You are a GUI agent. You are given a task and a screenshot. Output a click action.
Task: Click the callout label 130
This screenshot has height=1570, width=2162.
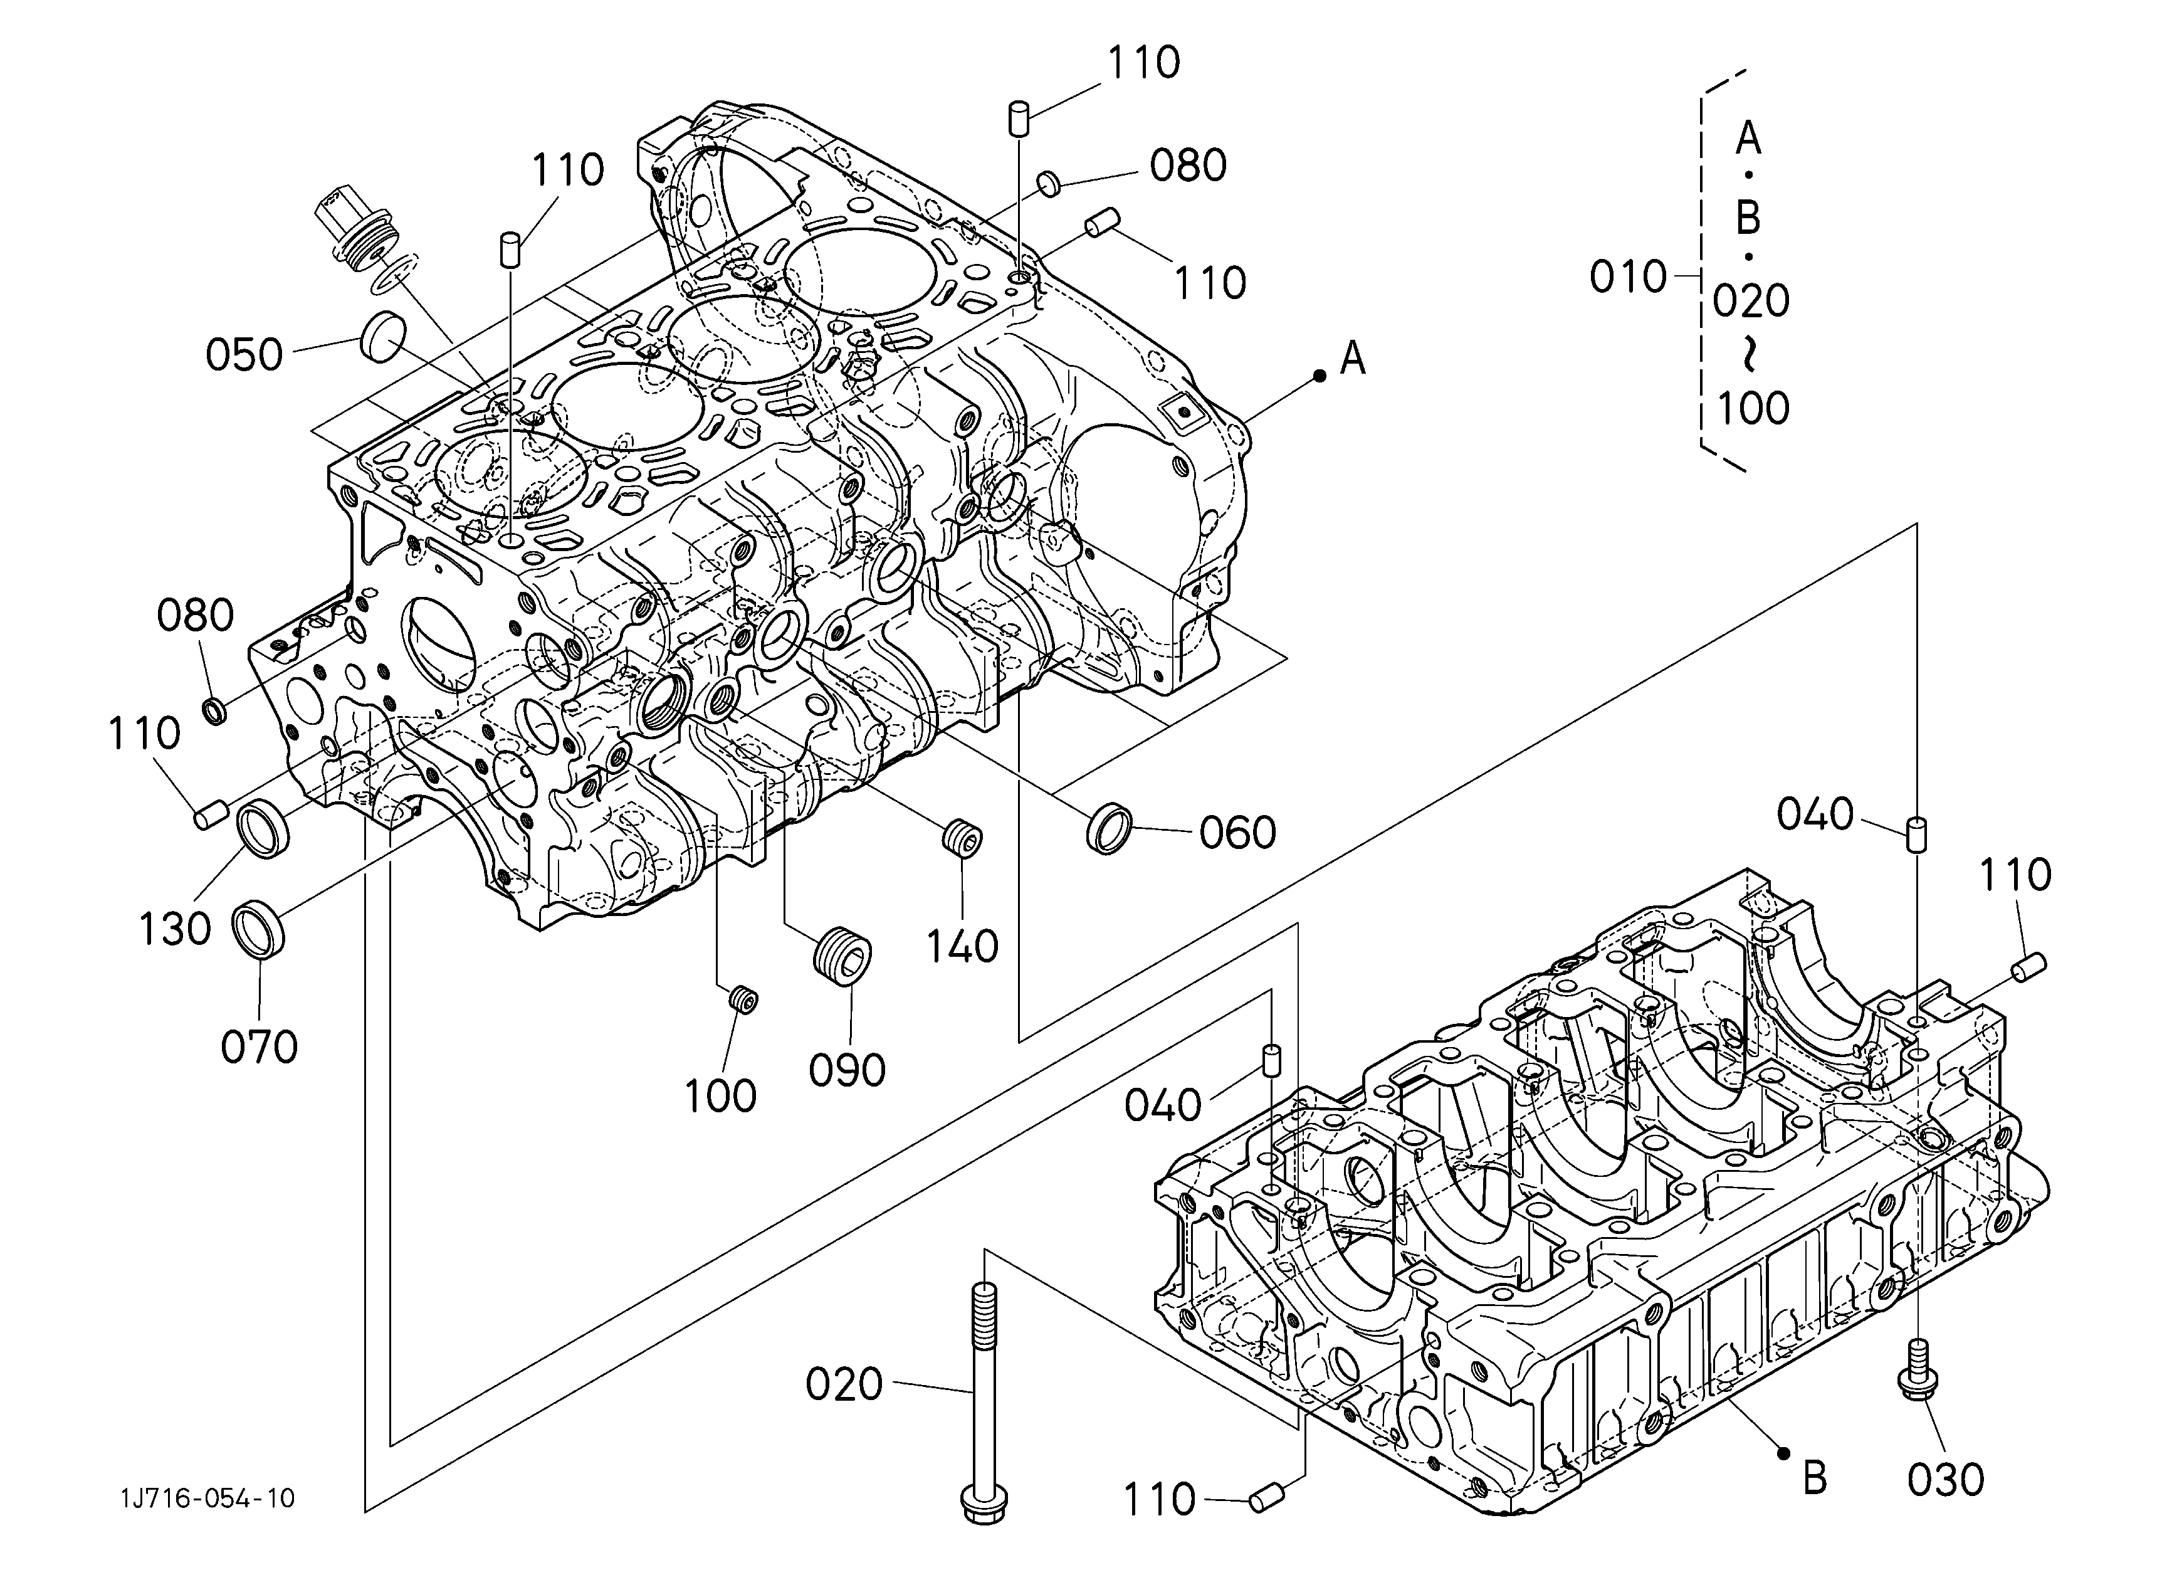[174, 929]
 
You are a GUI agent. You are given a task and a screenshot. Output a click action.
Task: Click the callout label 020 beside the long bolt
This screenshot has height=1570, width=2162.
[844, 1385]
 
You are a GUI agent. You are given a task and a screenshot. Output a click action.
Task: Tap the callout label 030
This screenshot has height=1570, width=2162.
[1946, 1480]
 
